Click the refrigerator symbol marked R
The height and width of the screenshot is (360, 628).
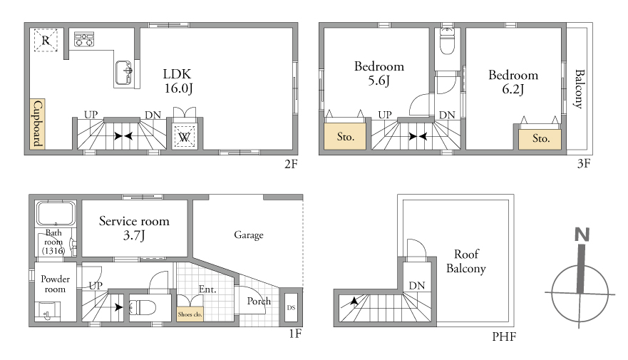pos(46,40)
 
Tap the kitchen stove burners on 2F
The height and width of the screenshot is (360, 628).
pos(84,38)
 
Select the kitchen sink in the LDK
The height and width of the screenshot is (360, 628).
pos(124,73)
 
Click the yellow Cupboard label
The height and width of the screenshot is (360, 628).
pos(37,124)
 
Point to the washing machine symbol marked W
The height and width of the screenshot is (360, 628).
pos(184,137)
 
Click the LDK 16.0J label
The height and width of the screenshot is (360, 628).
pos(177,81)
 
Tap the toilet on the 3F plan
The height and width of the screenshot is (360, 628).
pos(447,41)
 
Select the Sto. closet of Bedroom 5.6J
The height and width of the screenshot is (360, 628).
pos(345,136)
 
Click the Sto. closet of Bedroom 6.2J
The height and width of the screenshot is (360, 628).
pos(540,139)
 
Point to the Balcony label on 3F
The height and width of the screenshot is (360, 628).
pos(579,89)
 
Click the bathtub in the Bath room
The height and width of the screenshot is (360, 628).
pos(56,213)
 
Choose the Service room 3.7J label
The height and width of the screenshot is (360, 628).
pos(134,228)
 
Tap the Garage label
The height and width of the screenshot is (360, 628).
pos(249,235)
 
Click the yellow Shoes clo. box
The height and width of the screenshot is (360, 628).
pos(190,314)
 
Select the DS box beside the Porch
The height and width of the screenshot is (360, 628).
pos(291,307)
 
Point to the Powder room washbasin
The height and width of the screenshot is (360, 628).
pos(48,311)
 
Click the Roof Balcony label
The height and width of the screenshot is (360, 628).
pos(466,261)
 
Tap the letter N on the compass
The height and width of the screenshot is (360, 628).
pos(582,235)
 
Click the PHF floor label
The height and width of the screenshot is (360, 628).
pos(504,336)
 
